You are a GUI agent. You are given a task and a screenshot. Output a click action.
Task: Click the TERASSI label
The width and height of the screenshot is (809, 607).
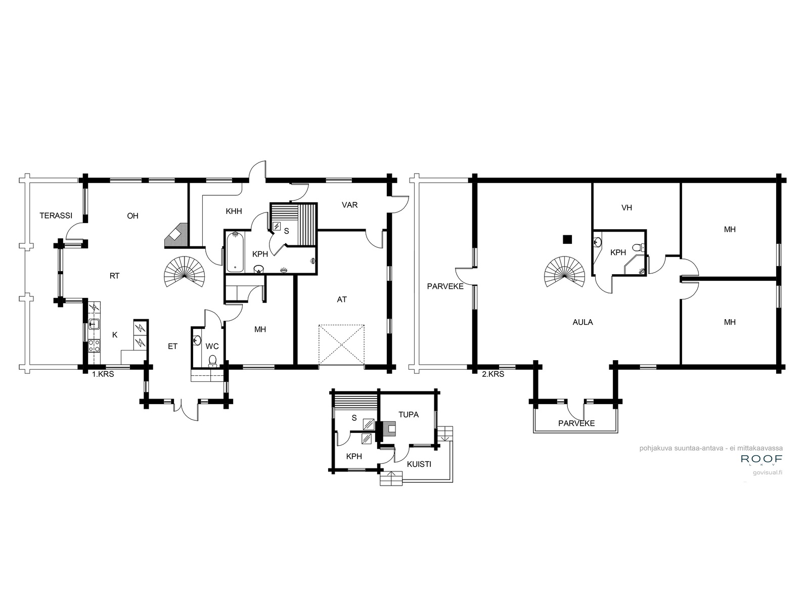[56, 215]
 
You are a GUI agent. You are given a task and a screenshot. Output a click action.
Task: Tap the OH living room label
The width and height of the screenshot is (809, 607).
[132, 216]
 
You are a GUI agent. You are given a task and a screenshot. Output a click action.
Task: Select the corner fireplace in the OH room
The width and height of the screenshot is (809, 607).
[176, 235]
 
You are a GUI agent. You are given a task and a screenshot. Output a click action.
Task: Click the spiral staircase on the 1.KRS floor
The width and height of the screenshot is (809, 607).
[185, 272]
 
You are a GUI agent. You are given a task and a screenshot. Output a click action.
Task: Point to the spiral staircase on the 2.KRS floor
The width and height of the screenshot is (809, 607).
[565, 272]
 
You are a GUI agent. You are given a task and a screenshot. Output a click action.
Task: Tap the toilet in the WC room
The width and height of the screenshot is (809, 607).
[213, 361]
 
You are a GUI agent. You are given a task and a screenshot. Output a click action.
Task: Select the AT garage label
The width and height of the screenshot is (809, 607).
[342, 299]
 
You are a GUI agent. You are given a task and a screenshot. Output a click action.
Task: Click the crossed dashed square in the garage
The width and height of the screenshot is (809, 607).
[342, 345]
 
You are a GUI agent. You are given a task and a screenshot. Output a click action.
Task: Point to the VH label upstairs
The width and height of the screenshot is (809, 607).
[626, 208]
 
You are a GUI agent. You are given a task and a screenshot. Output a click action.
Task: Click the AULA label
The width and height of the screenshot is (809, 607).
[582, 322]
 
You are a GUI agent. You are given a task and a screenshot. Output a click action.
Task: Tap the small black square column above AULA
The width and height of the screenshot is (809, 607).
[567, 240]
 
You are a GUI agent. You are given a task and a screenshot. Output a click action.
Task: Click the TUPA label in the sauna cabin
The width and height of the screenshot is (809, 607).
[409, 415]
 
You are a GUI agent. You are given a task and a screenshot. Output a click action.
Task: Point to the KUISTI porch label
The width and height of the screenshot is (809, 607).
[419, 464]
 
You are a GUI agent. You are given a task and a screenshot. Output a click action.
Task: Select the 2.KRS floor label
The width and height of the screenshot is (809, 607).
[493, 374]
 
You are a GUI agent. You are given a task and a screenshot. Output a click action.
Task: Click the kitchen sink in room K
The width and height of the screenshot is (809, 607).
[94, 324]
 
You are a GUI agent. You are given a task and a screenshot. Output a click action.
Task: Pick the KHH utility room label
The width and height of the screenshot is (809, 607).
[234, 211]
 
